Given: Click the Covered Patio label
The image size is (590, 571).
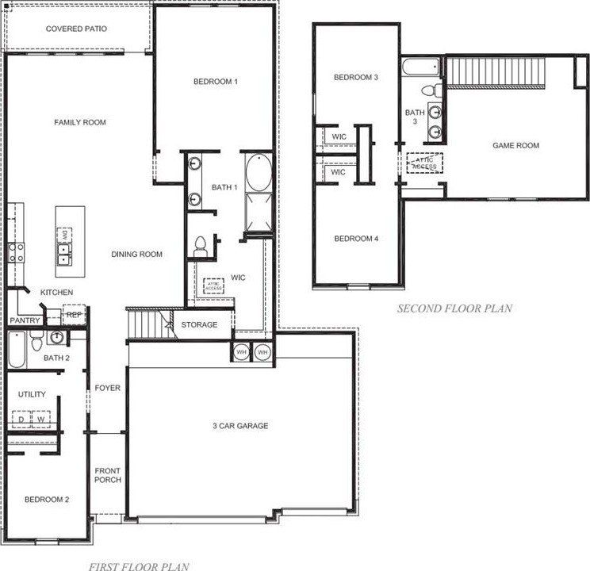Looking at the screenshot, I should pos(76,29).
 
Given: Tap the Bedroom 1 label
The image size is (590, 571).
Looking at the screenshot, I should pos(215,82).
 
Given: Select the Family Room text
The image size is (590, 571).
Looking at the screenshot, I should pos(80,122).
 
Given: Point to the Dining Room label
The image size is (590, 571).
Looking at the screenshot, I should pos(136,255).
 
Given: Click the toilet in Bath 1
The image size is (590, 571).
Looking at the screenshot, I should pos(200,246).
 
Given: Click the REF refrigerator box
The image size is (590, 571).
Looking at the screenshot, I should pos(74,315).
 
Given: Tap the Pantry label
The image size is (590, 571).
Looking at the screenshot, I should pos(25,320).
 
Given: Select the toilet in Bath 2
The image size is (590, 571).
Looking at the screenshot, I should pos(36,342).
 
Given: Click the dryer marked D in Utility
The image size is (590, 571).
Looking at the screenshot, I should pos(21,420).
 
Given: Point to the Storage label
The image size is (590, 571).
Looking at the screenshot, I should pos(199,325).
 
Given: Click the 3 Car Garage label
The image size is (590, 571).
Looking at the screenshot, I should pos(240,426).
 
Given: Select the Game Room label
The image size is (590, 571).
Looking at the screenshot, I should pos(515,145).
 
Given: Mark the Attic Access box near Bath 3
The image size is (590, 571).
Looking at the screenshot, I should pos(423,163).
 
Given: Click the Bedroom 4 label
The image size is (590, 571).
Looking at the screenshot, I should pos(355,239).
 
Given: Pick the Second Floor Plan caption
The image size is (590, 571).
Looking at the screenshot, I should pos(454,308).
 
